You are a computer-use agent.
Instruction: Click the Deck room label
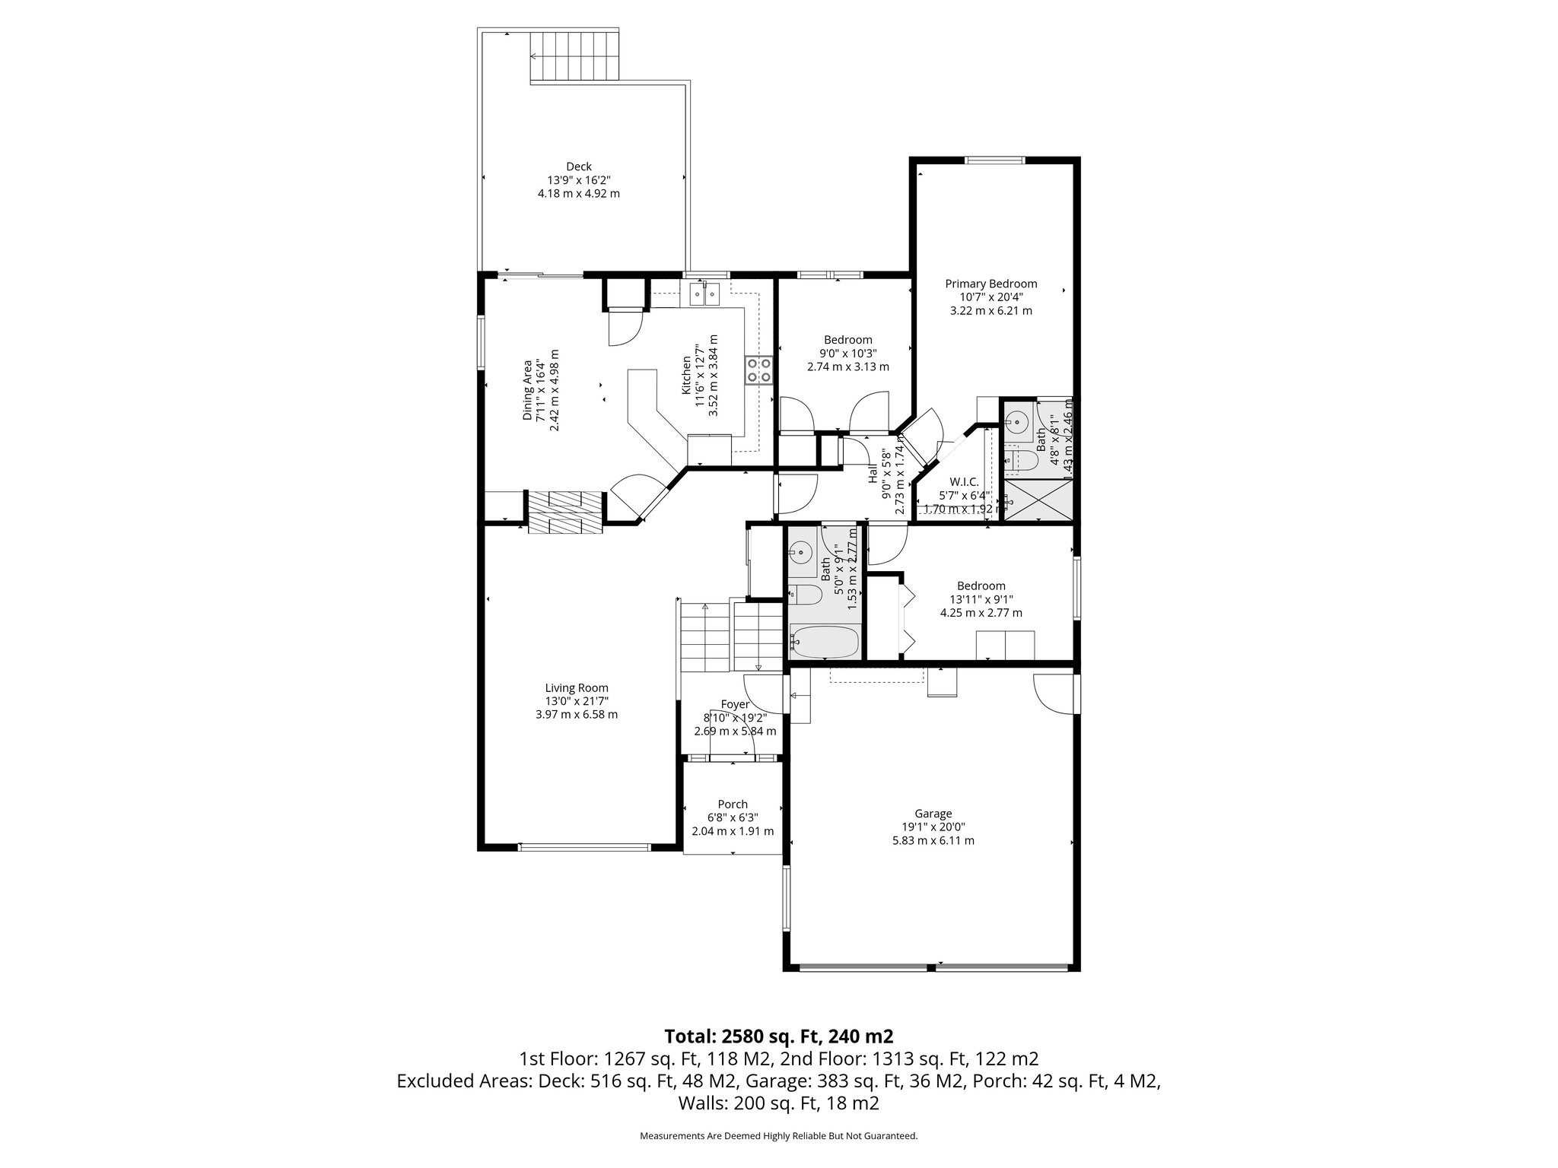click(x=578, y=167)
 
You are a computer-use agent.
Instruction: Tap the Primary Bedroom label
click(x=990, y=284)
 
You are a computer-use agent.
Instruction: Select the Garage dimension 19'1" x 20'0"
click(x=933, y=827)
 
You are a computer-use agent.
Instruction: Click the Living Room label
click(x=577, y=688)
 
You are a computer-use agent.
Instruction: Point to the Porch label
click(x=733, y=804)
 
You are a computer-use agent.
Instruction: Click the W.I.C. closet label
click(x=964, y=481)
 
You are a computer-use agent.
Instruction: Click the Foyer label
click(x=735, y=704)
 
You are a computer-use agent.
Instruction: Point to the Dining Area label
click(x=526, y=389)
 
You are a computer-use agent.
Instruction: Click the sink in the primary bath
click(x=1017, y=421)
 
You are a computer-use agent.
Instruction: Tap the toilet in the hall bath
click(x=805, y=594)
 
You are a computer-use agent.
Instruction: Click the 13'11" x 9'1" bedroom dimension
click(x=981, y=599)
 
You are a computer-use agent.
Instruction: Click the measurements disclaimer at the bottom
click(x=778, y=1135)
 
